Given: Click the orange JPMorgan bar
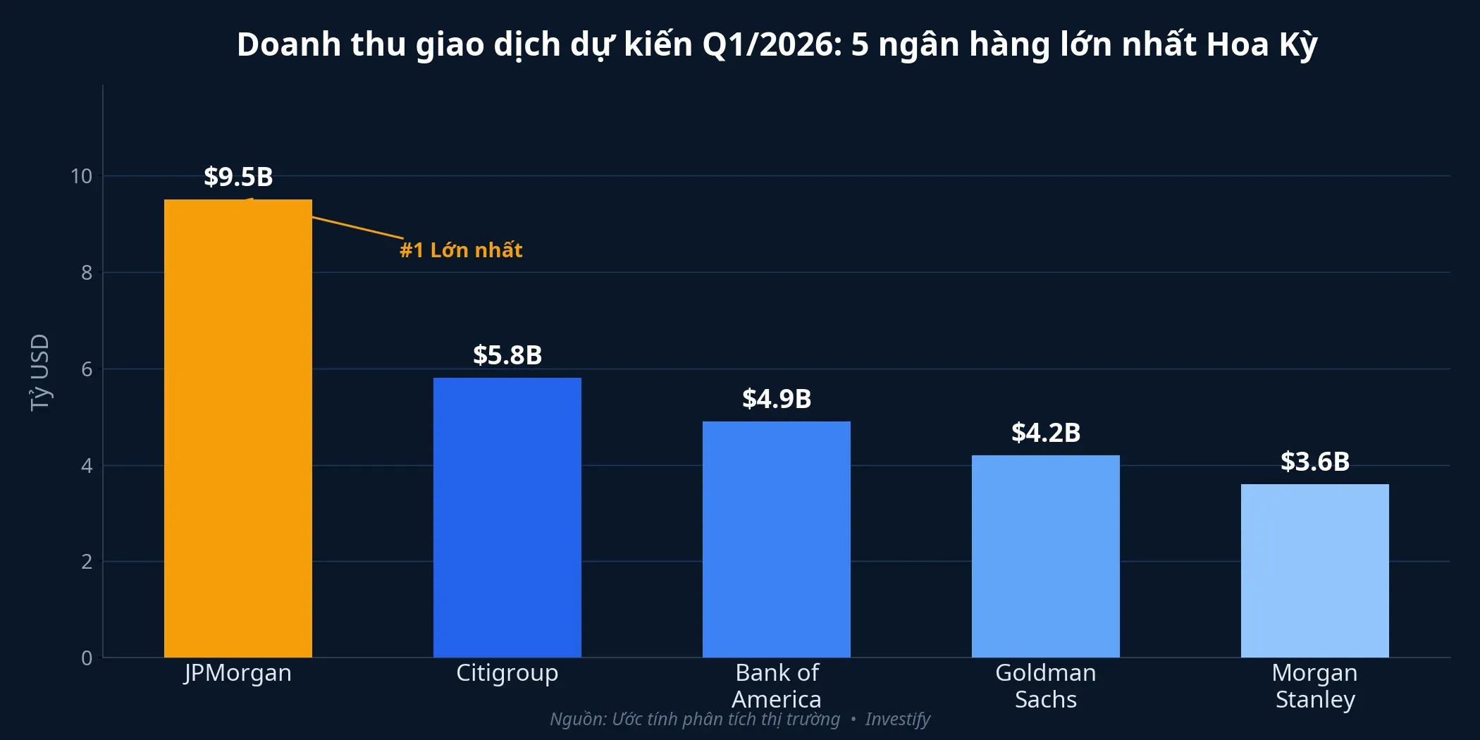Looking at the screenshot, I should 238,428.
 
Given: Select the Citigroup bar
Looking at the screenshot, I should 507,518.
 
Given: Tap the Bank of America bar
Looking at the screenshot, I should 777,540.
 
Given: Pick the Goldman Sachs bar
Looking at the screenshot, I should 1046,557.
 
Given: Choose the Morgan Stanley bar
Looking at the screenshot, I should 1315,571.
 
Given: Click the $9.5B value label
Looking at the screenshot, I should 238,177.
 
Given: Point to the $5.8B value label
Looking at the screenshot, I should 507,355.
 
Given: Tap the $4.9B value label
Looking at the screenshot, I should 777,399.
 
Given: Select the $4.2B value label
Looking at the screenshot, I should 1046,433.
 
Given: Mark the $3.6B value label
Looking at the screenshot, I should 1315,462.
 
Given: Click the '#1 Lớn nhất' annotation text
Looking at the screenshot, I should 461,250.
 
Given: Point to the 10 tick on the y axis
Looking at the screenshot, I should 81,176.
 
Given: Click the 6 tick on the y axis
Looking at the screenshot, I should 87,369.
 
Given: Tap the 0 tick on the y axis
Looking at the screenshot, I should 87,658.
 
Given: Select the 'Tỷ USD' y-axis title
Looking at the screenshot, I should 39,372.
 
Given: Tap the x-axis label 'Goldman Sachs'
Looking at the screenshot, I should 1046,686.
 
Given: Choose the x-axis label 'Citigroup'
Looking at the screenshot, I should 507,673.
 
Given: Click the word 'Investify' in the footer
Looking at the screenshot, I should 897,719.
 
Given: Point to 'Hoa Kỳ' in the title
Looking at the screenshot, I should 1262,44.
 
